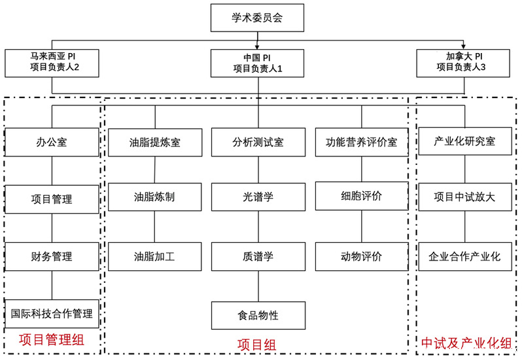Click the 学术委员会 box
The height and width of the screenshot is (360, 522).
pos(257,18)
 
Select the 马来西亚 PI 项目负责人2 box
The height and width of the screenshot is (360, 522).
pos(52,63)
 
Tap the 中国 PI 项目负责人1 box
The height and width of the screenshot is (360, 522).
pos(257,63)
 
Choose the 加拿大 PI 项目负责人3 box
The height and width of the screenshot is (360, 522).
pos(463,63)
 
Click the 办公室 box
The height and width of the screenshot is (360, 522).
pos(52,142)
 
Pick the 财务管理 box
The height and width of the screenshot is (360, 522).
pos(52,257)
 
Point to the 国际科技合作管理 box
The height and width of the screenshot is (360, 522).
pos(52,314)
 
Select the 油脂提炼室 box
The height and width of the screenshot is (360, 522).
pos(155,142)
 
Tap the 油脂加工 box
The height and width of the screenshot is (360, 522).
pos(155,257)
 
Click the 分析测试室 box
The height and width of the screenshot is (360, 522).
pos(258,142)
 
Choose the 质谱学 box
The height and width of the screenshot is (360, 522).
pos(258,257)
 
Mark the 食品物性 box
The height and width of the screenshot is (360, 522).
pos(258,315)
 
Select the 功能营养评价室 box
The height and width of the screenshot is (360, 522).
pos(362,142)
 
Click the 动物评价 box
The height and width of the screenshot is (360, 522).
pos(362,257)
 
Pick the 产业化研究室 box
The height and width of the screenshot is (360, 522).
pos(465,141)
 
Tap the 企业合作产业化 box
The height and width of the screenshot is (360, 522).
pos(465,257)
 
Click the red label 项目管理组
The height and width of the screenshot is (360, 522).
pos(52,340)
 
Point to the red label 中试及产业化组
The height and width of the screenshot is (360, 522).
pos(466,343)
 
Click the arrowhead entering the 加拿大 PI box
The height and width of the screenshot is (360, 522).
pos(463,46)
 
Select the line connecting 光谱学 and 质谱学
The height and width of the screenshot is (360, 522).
pos(258,226)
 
